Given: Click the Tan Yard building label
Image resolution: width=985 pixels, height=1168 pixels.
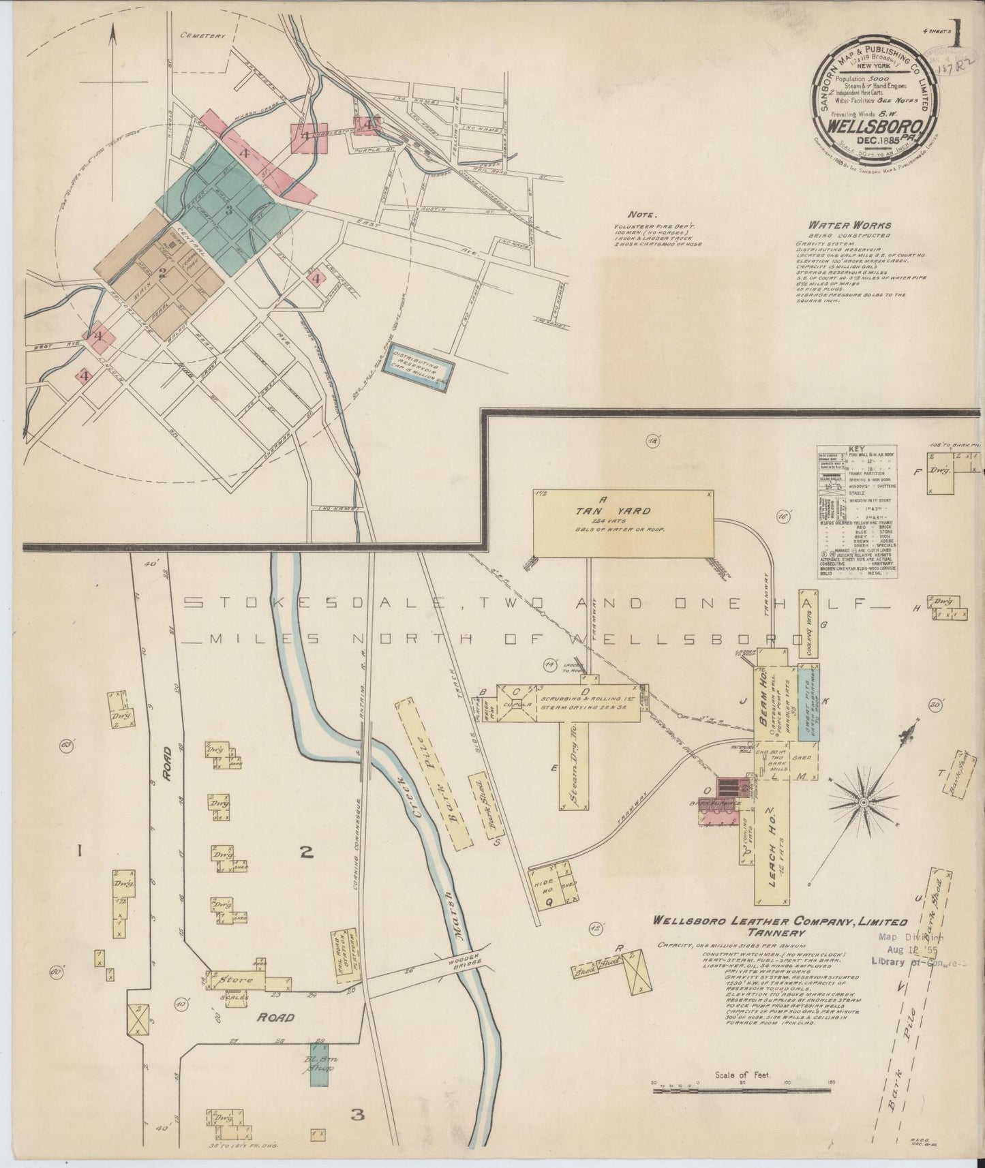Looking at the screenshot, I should [622, 511].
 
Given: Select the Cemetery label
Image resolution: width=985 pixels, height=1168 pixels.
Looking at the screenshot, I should [202, 36].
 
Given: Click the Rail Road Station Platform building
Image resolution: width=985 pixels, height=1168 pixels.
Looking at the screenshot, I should [344, 954].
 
